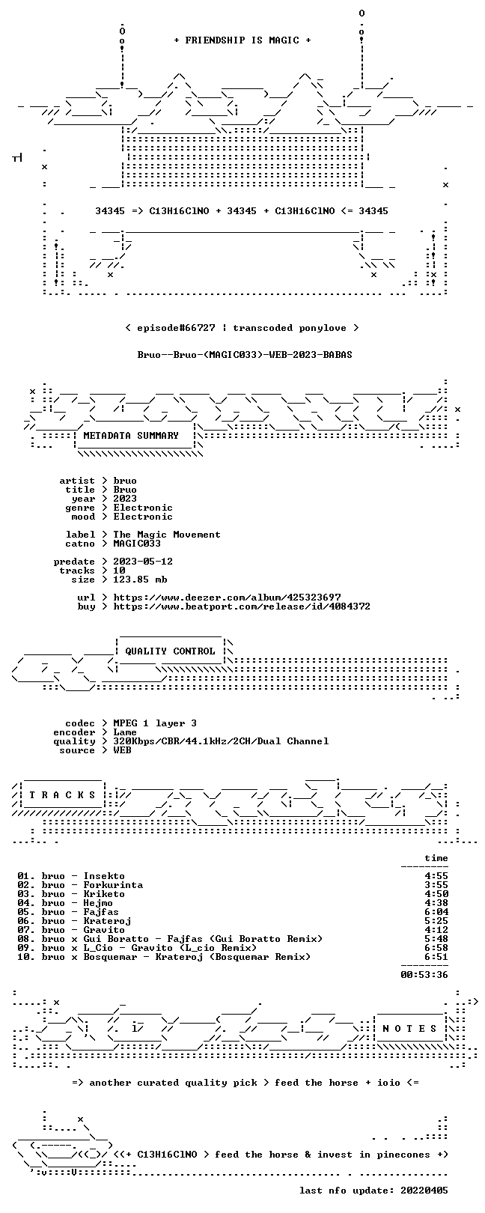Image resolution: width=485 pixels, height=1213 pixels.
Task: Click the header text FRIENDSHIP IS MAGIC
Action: pyautogui.click(x=242, y=40)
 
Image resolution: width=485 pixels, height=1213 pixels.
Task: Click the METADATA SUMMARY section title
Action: pyautogui.click(x=131, y=435)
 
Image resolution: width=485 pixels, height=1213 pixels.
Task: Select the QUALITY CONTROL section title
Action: pyautogui.click(x=170, y=651)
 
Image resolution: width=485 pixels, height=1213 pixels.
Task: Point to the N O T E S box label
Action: pyautogui.click(x=409, y=1028)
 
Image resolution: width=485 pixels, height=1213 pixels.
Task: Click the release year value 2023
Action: pyautogui.click(x=125, y=498)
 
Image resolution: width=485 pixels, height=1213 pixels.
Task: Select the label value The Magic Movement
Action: pyautogui.click(x=167, y=535)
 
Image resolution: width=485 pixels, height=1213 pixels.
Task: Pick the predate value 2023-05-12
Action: pyautogui.click(x=143, y=562)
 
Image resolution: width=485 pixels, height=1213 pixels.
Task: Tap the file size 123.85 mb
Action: pyautogui.click(x=140, y=580)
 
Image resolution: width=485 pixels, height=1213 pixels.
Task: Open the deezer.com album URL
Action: pyautogui.click(x=227, y=598)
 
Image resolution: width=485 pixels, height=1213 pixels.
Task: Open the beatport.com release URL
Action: pyautogui.click(x=242, y=606)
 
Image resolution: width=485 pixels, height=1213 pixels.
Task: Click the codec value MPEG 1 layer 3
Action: pyautogui.click(x=155, y=723)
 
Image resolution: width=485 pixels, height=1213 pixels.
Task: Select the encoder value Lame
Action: pyautogui.click(x=125, y=732)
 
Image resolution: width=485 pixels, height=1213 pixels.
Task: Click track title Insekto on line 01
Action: pyautogui.click(x=104, y=876)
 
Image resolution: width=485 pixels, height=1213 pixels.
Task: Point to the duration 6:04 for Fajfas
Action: pyautogui.click(x=436, y=912)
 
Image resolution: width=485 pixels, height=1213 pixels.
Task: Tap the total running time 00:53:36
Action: pyautogui.click(x=424, y=975)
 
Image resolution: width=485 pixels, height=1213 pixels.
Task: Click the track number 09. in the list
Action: pyautogui.click(x=26, y=948)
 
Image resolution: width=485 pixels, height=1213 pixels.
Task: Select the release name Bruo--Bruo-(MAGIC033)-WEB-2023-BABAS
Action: pyautogui.click(x=245, y=355)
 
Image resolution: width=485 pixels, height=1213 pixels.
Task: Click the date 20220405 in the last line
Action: pyautogui.click(x=424, y=1191)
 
